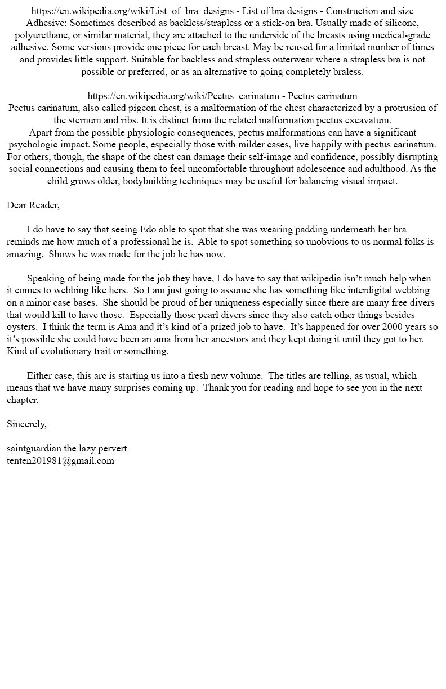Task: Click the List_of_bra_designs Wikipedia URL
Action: point(132,11)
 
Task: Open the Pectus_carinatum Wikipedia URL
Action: point(184,96)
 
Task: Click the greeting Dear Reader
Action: point(33,205)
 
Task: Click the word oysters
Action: point(22,327)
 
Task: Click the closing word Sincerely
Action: point(26,424)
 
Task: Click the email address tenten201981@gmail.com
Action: point(60,460)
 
